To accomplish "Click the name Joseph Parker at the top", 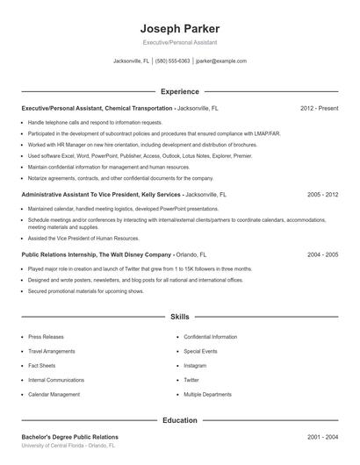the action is [x=179, y=28].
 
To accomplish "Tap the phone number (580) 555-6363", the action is [x=173, y=61].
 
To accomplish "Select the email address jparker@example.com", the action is [x=221, y=61].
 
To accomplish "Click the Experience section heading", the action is [x=179, y=91].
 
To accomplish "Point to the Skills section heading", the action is [x=179, y=316].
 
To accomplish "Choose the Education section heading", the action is [x=179, y=420].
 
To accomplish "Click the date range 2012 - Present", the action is [x=319, y=108].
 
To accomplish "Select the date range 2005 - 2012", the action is [x=322, y=194].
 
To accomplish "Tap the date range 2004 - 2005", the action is [x=322, y=254].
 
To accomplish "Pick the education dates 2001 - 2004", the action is [x=322, y=436].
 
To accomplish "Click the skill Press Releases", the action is [x=46, y=336].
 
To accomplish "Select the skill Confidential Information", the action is [x=210, y=336].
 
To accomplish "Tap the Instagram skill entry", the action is [x=195, y=365].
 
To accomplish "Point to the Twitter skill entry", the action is [x=191, y=380].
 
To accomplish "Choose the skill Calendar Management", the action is [x=54, y=394].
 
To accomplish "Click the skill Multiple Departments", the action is [x=207, y=394].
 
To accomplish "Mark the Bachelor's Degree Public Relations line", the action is [x=69, y=436].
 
